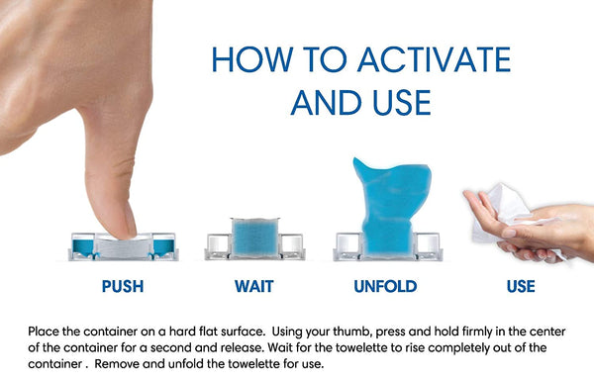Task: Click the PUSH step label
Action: [x=123, y=286]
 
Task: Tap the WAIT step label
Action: [x=253, y=286]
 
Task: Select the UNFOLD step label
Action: [x=385, y=286]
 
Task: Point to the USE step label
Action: [x=521, y=286]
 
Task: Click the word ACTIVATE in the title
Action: [x=435, y=59]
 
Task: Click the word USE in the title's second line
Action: [x=402, y=102]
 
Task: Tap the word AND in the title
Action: [x=326, y=102]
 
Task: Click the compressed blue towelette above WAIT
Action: [x=255, y=238]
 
